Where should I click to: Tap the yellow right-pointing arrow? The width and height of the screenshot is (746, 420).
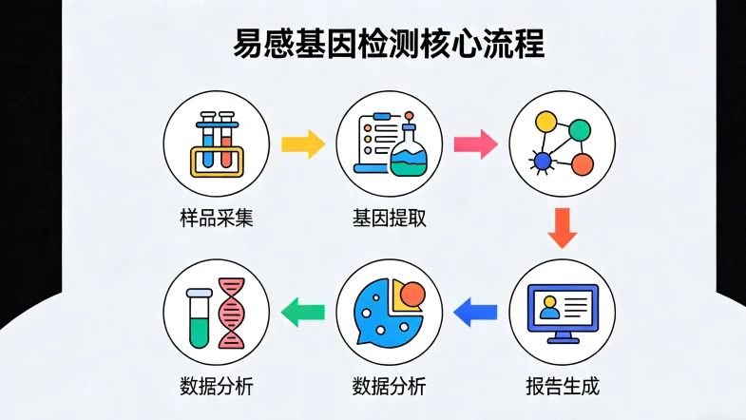click(x=303, y=144)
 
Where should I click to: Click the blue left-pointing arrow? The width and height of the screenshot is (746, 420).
click(x=476, y=310)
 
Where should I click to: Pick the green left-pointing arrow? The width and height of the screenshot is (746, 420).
click(x=304, y=310)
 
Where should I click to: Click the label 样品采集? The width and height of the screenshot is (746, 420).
click(x=216, y=218)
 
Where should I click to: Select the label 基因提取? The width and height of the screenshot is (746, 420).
click(x=389, y=218)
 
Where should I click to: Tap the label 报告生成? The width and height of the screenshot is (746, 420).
click(x=563, y=386)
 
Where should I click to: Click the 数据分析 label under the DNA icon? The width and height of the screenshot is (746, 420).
click(x=216, y=386)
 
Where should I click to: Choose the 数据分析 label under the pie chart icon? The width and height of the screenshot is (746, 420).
click(x=389, y=386)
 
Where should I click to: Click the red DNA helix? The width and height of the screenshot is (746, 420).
click(x=231, y=314)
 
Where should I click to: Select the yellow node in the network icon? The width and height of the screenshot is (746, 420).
click(x=545, y=124)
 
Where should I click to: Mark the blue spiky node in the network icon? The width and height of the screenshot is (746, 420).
click(x=543, y=162)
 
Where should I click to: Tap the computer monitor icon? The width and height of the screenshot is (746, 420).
click(x=563, y=312)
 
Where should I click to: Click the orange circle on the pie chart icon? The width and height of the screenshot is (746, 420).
click(x=411, y=296)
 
